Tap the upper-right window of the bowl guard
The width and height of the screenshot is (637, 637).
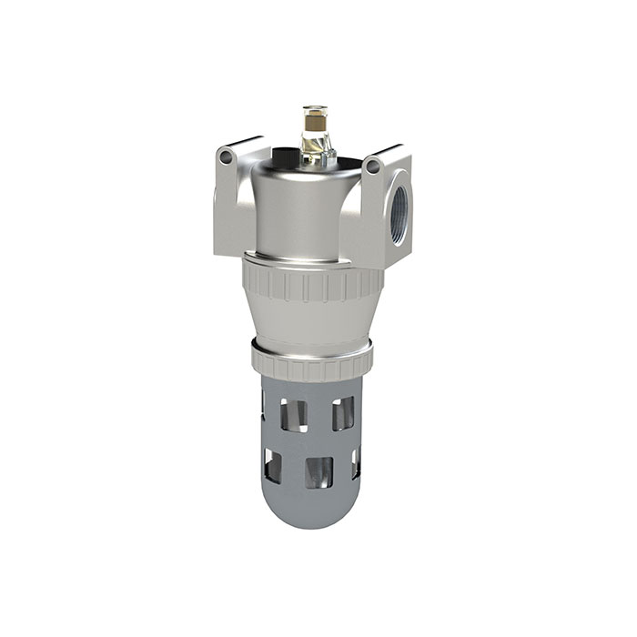click(x=344, y=414)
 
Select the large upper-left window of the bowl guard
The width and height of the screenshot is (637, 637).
click(x=292, y=414)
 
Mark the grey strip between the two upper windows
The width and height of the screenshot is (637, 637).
click(x=319, y=414)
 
